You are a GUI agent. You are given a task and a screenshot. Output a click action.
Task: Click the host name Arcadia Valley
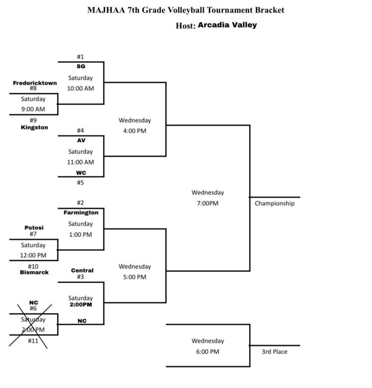pyautogui.click(x=227, y=25)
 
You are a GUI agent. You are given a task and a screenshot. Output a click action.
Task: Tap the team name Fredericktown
pyautogui.click(x=35, y=83)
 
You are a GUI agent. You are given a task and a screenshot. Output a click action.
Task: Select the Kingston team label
pyautogui.click(x=34, y=127)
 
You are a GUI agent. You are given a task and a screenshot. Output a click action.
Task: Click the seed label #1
pyautogui.click(x=80, y=57)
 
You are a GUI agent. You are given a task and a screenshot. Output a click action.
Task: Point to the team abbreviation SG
pyautogui.click(x=81, y=66)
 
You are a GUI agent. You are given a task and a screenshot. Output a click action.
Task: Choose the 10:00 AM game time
pyautogui.click(x=80, y=88)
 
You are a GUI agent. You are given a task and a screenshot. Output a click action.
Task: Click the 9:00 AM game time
pyautogui.click(x=33, y=110)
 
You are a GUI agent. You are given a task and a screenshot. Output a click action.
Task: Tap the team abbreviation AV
pyautogui.click(x=81, y=140)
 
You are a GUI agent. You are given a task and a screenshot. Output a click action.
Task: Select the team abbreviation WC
pyautogui.click(x=81, y=173)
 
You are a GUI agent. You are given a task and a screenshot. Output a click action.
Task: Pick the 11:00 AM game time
pyautogui.click(x=80, y=162)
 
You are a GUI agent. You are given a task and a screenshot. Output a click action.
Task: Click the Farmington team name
pyautogui.click(x=81, y=213)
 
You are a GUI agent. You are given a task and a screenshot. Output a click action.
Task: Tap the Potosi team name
pyautogui.click(x=34, y=228)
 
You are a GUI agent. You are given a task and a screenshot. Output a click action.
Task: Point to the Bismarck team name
pyautogui.click(x=34, y=272)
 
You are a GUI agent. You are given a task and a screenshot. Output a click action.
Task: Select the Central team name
pyautogui.click(x=82, y=271)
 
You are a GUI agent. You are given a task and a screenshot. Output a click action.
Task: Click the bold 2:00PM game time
pyautogui.click(x=80, y=304)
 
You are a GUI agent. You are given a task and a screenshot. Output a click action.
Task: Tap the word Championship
pyautogui.click(x=274, y=203)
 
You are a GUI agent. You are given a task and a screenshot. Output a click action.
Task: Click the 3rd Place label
pyautogui.click(x=274, y=352)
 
